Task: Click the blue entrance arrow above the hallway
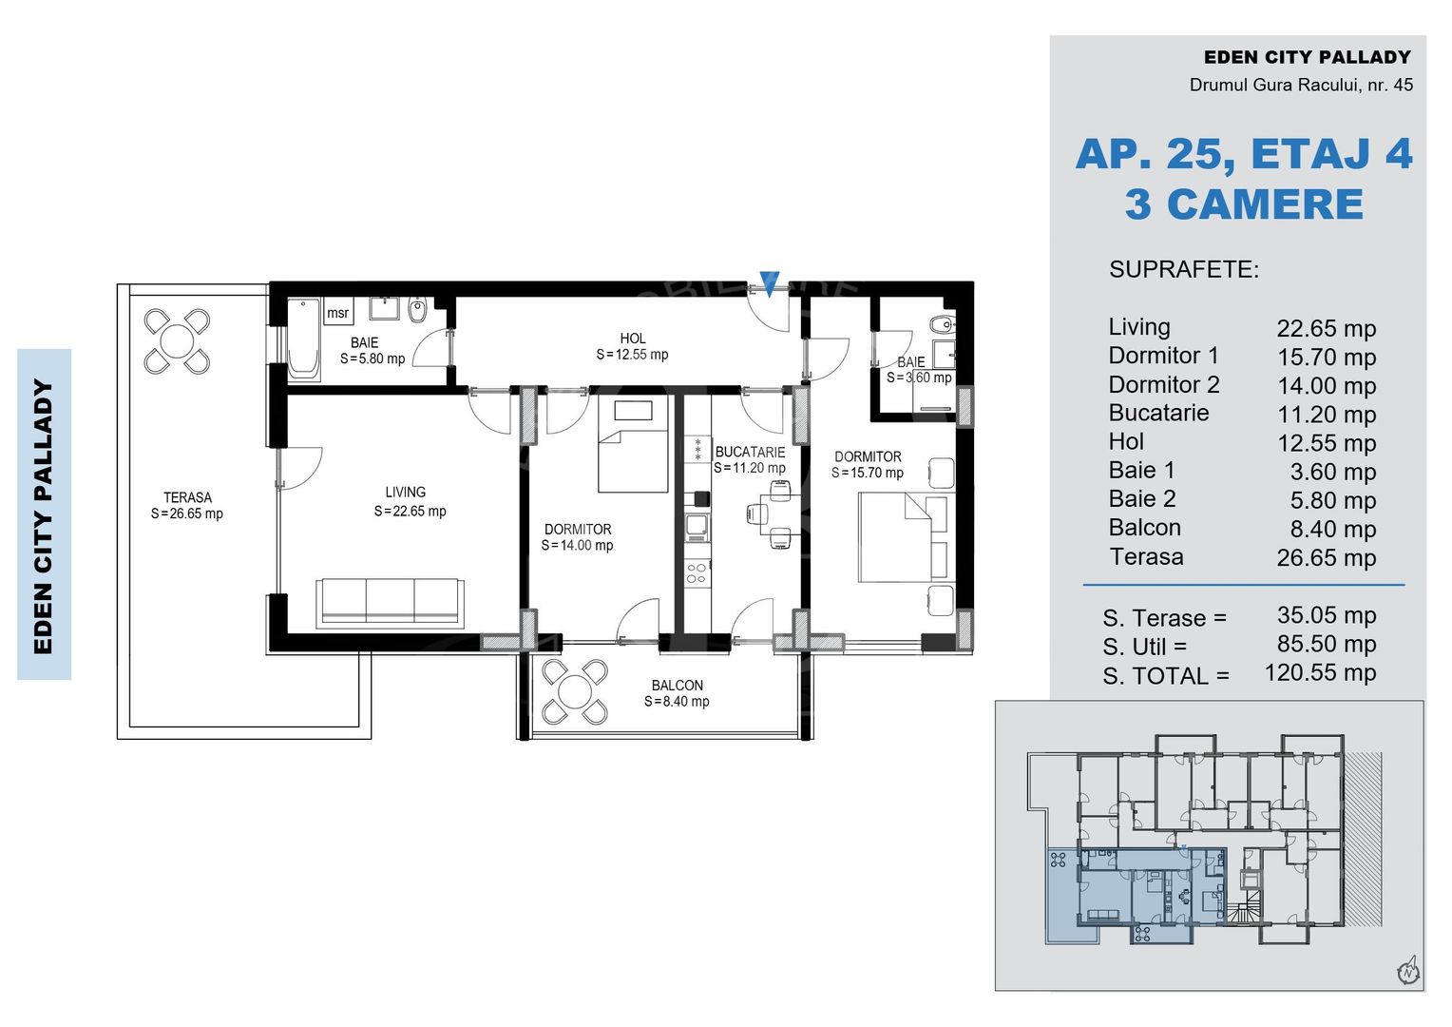(x=769, y=283)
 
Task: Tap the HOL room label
(x=633, y=339)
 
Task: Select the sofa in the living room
(x=390, y=603)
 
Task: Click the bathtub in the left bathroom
(x=303, y=339)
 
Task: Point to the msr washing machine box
(x=337, y=313)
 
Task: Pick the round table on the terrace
(x=177, y=341)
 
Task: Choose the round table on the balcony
(x=575, y=691)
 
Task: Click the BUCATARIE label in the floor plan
(x=750, y=453)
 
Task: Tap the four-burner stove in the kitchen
(x=697, y=573)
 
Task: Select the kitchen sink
(x=697, y=528)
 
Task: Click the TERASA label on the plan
(x=187, y=497)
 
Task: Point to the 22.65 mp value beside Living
(x=1327, y=328)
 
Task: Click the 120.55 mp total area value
(x=1321, y=672)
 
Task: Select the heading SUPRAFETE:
(x=1184, y=269)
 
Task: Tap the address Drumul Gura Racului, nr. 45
(x=1301, y=85)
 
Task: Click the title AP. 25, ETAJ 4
(x=1244, y=154)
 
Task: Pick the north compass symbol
(x=1408, y=971)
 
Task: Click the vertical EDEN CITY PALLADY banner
(x=44, y=514)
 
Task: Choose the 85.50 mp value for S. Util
(x=1327, y=644)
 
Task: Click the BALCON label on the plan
(x=678, y=685)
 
